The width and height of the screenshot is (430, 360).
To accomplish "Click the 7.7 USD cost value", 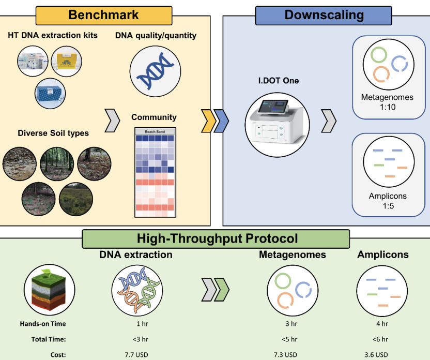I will (136, 354).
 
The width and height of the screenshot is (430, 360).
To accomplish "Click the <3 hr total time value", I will (136, 339).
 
